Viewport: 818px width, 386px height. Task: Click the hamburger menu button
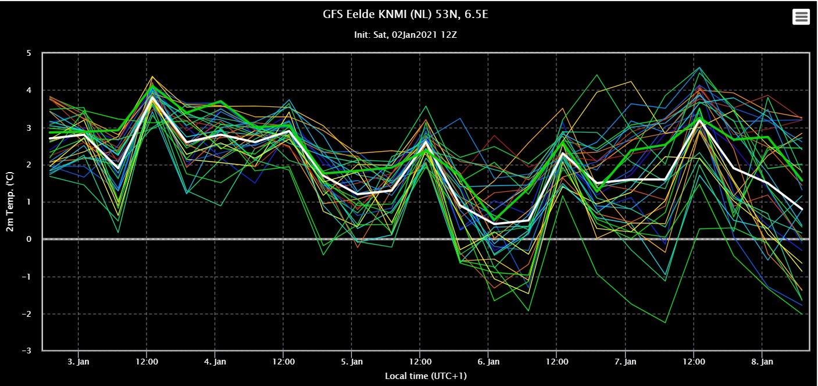click(801, 17)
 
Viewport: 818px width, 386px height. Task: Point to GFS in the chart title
click(333, 14)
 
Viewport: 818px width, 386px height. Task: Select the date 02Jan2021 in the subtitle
click(415, 35)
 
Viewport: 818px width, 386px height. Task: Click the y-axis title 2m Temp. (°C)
click(10, 202)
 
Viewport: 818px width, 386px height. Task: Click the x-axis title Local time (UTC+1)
click(426, 376)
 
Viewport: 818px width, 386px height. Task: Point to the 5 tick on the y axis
click(29, 53)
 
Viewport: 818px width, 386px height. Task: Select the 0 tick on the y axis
click(29, 239)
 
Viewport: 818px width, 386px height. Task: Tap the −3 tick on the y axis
click(27, 351)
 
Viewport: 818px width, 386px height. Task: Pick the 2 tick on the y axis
click(29, 165)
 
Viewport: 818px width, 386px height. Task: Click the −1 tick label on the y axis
click(27, 277)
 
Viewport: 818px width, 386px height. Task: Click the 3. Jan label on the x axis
click(78, 362)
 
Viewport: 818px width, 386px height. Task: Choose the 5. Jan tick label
click(352, 362)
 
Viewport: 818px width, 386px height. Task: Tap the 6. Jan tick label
click(488, 362)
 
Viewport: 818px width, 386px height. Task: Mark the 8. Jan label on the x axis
click(762, 362)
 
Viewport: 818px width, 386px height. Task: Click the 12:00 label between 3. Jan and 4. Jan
click(147, 362)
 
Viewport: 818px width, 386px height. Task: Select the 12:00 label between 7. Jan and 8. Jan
click(694, 362)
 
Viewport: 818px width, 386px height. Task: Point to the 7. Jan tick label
click(625, 362)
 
